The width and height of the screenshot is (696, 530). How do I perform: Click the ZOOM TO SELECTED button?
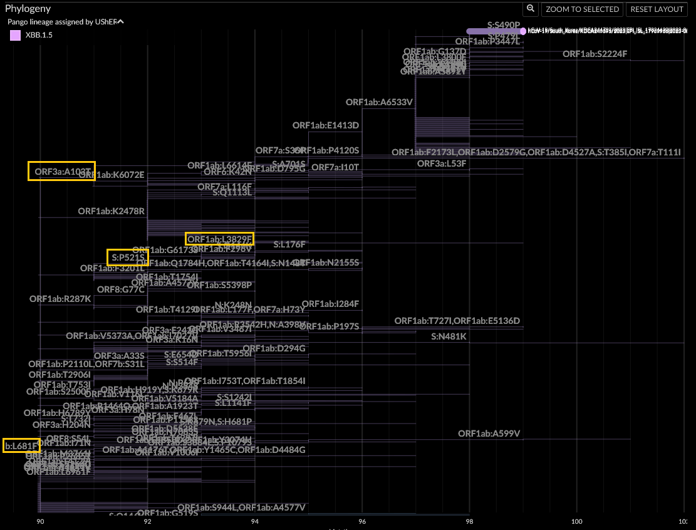click(582, 9)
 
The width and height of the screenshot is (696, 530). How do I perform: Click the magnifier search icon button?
click(531, 9)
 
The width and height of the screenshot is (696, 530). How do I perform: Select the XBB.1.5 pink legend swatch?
click(16, 36)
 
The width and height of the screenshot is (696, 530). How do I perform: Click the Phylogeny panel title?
click(28, 9)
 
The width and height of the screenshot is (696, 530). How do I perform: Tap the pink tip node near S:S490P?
click(523, 31)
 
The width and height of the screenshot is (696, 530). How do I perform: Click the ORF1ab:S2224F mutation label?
click(595, 54)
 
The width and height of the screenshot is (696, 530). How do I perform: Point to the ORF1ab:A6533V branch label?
click(379, 102)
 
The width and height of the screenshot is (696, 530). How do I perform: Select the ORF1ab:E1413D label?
click(326, 125)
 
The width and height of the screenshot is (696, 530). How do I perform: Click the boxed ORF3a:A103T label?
click(61, 171)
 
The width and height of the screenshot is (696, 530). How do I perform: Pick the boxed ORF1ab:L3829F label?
click(219, 239)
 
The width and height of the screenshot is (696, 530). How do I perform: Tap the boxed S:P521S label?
click(127, 257)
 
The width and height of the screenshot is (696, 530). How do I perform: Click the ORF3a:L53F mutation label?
click(442, 164)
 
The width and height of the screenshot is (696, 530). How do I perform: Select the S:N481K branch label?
click(449, 336)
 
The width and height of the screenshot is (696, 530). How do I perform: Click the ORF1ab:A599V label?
click(489, 434)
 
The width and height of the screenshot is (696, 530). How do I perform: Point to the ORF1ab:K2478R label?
click(112, 211)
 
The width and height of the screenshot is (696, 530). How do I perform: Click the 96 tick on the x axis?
click(362, 521)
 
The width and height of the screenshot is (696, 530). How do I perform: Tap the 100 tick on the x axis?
click(576, 521)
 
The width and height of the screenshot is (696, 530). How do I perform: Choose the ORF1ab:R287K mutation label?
click(60, 298)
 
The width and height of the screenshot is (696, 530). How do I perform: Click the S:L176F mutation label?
click(289, 244)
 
